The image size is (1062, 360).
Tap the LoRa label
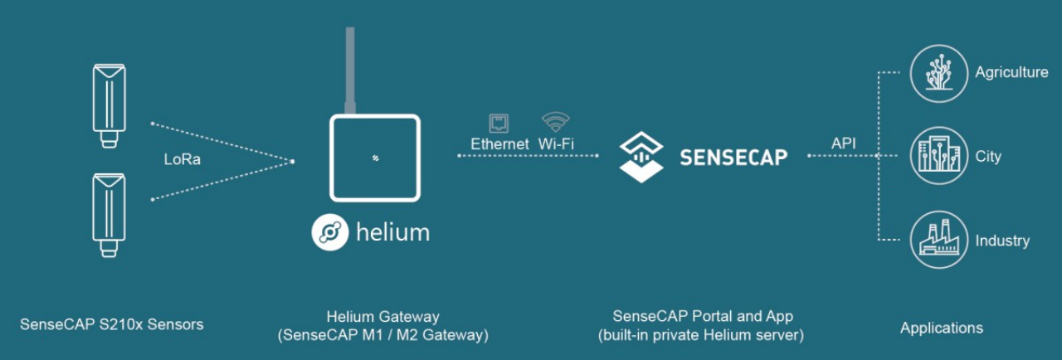[x=182, y=160]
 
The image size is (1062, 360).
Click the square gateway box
[x=375, y=158]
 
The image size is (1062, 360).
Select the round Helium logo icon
[x=329, y=232]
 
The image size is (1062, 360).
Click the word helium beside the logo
[x=392, y=232]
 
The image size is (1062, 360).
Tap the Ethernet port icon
[x=500, y=123]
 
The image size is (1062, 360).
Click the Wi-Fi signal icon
[x=555, y=122]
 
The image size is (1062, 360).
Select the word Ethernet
[x=499, y=144]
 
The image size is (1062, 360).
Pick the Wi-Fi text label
[x=556, y=144]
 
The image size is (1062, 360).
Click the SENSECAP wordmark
[x=733, y=157]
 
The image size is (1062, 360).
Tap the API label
[x=844, y=144]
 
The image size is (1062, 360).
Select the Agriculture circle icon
[x=939, y=73]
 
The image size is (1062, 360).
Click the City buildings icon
[x=939, y=156]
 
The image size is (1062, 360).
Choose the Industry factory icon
[x=939, y=240]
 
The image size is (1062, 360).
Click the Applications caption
[x=941, y=328]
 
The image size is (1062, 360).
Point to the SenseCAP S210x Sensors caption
[x=111, y=324]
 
